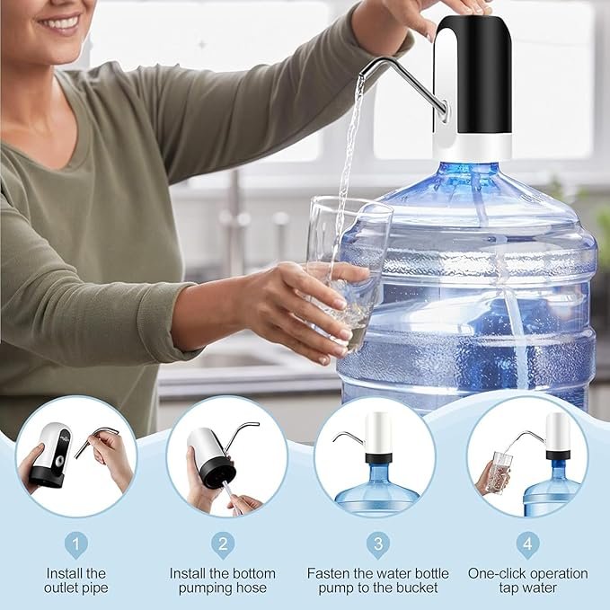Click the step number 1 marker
coord(75,544)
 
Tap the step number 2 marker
coord(223,544)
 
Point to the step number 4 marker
coord(527,544)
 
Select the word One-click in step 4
coord(497,572)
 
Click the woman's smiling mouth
coord(60,25)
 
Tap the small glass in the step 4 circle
coord(499,471)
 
